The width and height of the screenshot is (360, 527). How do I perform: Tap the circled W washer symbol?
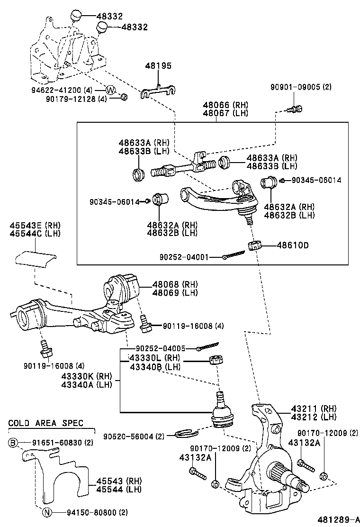pyautogui.click(x=110, y=90)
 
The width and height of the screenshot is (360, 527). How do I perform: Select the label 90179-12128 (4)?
pyautogui.click(x=76, y=99)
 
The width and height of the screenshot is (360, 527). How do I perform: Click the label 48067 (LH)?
pyautogui.click(x=225, y=113)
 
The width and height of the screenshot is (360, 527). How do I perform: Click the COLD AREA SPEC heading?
pyautogui.click(x=45, y=422)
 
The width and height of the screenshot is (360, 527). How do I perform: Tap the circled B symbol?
pyautogui.click(x=13, y=443)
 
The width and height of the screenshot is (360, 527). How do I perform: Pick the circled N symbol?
pyautogui.click(x=47, y=512)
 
